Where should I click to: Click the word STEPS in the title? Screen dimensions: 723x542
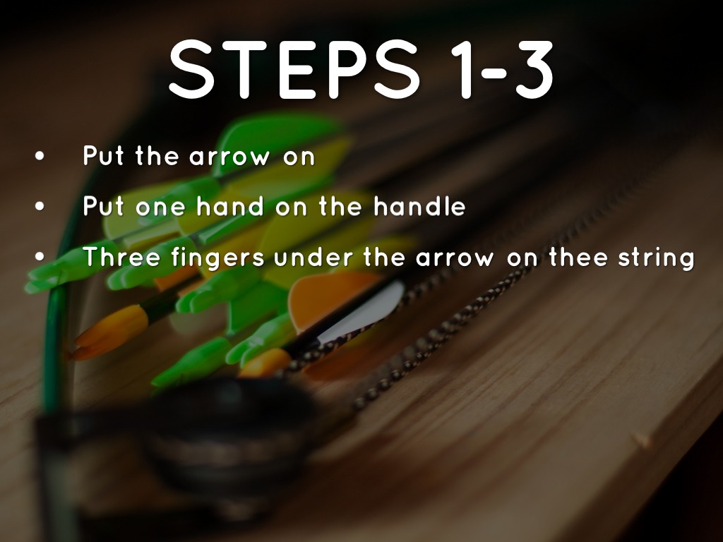294,70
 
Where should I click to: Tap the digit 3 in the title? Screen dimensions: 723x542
534,70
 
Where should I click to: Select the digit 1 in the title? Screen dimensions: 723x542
462,70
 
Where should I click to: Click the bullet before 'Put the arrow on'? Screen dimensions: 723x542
40,156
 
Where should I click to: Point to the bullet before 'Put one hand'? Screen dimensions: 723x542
40,206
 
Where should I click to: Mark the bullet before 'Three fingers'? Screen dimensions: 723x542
40,256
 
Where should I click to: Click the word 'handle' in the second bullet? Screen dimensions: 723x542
419,206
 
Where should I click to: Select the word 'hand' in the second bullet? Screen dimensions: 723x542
230,206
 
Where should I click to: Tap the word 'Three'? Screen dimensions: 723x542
121,256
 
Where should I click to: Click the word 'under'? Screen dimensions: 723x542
313,256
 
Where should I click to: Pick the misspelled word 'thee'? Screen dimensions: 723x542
578,256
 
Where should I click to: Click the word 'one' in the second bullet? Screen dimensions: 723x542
160,208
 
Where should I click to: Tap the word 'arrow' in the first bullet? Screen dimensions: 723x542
229,157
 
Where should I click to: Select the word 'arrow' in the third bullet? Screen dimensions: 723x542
454,258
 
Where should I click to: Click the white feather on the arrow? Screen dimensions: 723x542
364,310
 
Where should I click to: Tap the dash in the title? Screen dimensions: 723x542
494,71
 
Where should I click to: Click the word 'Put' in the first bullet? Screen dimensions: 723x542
103,155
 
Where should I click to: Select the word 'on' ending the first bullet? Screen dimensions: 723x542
299,157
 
